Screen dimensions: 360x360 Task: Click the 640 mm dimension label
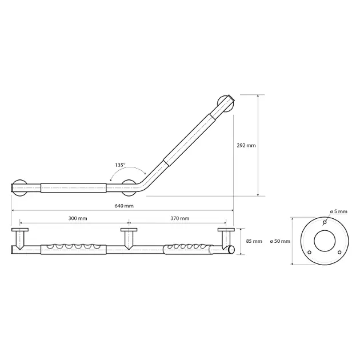pyautogui.click(x=124, y=206)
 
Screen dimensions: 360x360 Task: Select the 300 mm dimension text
pyautogui.click(x=78, y=218)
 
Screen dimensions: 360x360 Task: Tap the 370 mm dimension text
pyautogui.click(x=180, y=218)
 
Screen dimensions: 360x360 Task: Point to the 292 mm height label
pyautogui.click(x=246, y=145)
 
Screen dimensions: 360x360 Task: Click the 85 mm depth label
pyautogui.click(x=254, y=241)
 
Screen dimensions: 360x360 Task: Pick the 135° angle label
pyautogui.click(x=120, y=165)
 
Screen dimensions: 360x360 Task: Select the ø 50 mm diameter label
pyautogui.click(x=280, y=241)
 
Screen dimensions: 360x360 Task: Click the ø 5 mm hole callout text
pyautogui.click(x=339, y=211)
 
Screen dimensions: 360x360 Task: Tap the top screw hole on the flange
pyautogui.click(x=325, y=222)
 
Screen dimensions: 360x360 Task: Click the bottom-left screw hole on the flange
pyautogui.click(x=310, y=253)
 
